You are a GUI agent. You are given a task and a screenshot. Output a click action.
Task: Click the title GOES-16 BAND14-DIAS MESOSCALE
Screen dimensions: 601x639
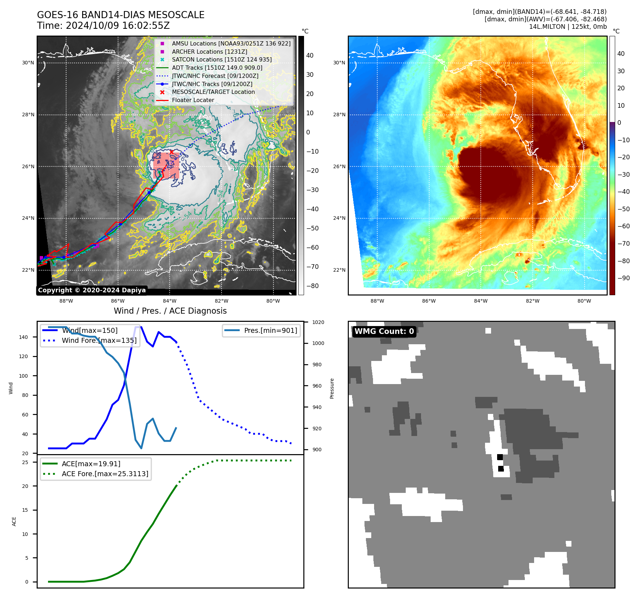point(121,15)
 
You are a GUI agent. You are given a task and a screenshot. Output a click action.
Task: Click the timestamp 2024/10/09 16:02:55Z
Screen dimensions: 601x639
point(118,26)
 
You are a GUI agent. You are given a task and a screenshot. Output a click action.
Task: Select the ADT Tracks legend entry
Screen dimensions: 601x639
point(217,68)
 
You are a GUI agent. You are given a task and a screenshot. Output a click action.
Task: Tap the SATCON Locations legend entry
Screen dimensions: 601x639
point(222,59)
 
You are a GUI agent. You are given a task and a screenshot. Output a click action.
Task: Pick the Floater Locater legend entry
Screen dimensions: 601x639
point(193,100)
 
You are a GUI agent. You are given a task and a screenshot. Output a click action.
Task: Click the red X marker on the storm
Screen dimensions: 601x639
point(171,152)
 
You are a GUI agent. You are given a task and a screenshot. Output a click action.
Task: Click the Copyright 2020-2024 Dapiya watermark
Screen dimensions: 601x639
point(92,290)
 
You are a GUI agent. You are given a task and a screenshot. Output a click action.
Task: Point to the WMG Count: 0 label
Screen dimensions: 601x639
point(384,331)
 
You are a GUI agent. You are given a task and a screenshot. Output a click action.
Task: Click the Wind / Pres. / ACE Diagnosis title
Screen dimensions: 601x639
point(170,311)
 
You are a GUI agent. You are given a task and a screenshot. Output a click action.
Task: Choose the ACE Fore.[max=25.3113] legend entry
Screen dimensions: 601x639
point(105,474)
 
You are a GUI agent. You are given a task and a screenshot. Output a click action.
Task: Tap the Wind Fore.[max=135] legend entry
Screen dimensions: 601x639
point(99,340)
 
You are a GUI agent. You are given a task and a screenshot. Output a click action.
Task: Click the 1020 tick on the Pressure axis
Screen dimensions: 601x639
point(318,322)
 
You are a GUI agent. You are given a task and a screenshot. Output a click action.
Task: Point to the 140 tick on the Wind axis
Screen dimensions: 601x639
point(23,337)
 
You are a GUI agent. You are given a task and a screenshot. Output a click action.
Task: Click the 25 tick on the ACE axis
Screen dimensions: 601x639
point(25,462)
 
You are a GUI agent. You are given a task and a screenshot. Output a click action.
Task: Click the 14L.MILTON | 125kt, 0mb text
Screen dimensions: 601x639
point(568,27)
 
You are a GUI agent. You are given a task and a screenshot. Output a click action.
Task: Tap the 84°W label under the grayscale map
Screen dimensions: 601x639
point(170,301)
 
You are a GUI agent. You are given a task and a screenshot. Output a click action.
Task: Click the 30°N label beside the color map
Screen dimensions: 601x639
point(339,63)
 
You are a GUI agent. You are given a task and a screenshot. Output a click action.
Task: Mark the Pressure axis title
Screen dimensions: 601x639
point(332,388)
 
